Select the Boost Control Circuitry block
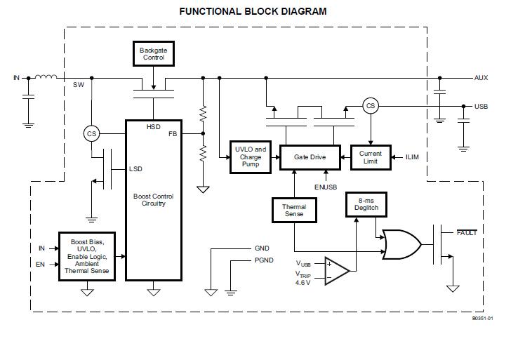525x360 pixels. tap(153, 200)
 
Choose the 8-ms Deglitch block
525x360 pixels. tap(366, 205)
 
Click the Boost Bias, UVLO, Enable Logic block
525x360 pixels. tap(88, 255)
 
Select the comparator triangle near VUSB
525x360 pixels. tap(337, 271)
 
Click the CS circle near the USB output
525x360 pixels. tap(370, 106)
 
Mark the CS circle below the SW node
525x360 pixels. tap(91, 133)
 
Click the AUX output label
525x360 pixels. tap(481, 77)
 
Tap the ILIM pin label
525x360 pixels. tap(412, 157)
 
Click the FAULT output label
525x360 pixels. tap(467, 232)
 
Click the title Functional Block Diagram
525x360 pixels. tap(253, 11)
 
